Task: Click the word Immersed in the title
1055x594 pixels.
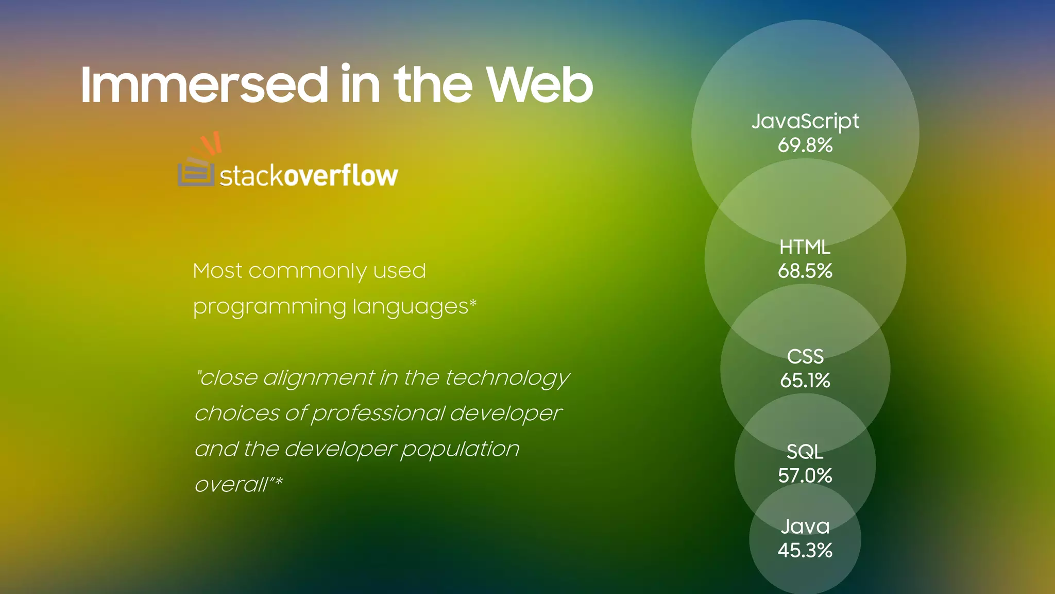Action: (x=204, y=85)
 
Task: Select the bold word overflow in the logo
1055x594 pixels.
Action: (x=341, y=176)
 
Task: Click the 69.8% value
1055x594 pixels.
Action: (x=805, y=145)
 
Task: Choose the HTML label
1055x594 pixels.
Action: (x=805, y=247)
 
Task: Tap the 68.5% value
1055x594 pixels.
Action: (x=805, y=271)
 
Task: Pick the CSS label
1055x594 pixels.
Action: (x=805, y=357)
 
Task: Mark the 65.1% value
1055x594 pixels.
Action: (x=805, y=381)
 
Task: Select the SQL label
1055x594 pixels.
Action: (x=805, y=452)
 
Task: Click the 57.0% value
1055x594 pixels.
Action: (x=805, y=475)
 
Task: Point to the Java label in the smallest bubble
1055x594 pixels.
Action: (x=805, y=527)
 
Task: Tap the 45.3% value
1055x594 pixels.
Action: (x=805, y=551)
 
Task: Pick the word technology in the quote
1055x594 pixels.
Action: (x=507, y=378)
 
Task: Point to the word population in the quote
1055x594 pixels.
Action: (x=460, y=450)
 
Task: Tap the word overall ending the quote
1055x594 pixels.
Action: (x=232, y=485)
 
